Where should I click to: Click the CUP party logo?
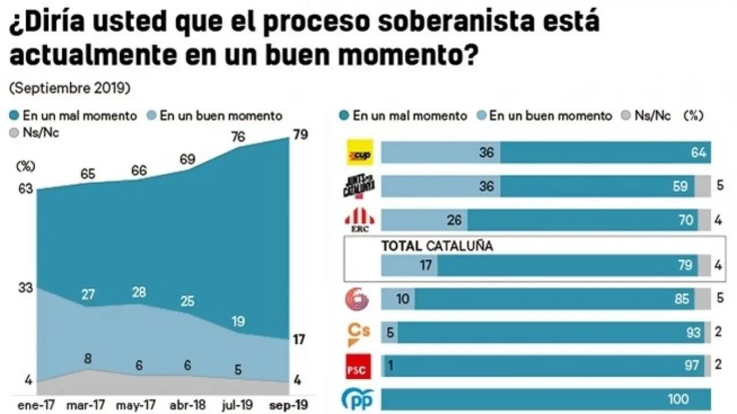[359, 153]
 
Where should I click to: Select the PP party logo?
[359, 398]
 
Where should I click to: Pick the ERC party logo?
[359, 220]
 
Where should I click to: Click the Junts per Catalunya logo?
[359, 186]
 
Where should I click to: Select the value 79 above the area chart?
[301, 135]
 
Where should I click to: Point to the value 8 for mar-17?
[88, 358]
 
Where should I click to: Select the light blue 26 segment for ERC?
[424, 220]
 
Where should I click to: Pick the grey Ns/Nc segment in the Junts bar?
[702, 186]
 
